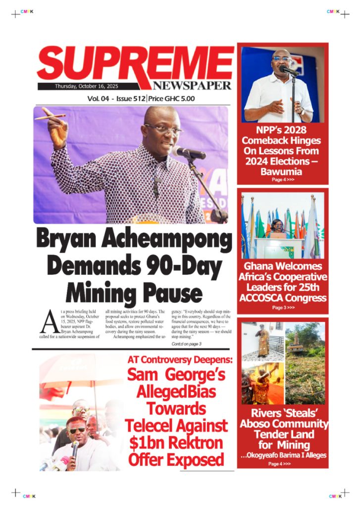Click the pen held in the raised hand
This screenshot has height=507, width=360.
(49, 117)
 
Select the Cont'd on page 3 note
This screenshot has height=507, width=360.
(186, 344)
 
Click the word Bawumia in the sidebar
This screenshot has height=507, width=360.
(281, 172)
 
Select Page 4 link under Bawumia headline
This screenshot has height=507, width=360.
(283, 180)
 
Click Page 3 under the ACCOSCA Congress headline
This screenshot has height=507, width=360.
(283, 307)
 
